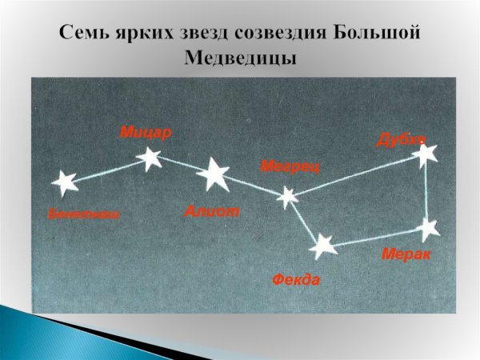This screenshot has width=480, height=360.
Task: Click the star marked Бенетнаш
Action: coord(64,182)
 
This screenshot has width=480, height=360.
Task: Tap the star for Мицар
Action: coord(150,158)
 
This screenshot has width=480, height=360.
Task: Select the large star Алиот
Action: coord(214,175)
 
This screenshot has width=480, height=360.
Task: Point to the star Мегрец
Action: coord(287,196)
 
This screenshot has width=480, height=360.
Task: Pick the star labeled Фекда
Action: coord(323,246)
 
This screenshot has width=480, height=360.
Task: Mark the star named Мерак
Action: coord(430,229)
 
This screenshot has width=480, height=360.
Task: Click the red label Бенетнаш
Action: coord(84,214)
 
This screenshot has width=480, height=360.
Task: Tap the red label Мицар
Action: coord(146,133)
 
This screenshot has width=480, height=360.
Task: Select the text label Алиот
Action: coord(212,211)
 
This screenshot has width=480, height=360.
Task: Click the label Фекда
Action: coord(296,280)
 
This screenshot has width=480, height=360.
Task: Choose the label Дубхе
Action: coord(401,140)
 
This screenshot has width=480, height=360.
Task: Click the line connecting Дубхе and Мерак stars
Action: coord(428,192)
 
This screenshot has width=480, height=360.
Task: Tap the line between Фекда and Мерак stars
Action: coord(376,238)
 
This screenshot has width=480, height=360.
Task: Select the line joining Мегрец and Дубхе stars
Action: coord(356,175)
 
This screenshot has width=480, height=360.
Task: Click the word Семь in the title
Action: coord(82,34)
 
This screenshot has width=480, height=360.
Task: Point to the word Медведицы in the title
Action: coord(240,58)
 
